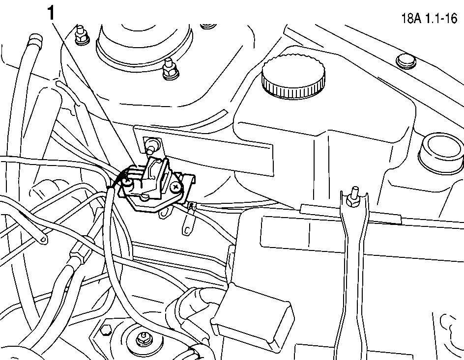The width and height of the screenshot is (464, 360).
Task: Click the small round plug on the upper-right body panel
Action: click(406, 61)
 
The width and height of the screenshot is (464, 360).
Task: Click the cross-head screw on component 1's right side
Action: click(175, 187)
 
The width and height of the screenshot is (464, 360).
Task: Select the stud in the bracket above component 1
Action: click(152, 144)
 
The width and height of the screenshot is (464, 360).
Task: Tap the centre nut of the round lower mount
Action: click(143, 338)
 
